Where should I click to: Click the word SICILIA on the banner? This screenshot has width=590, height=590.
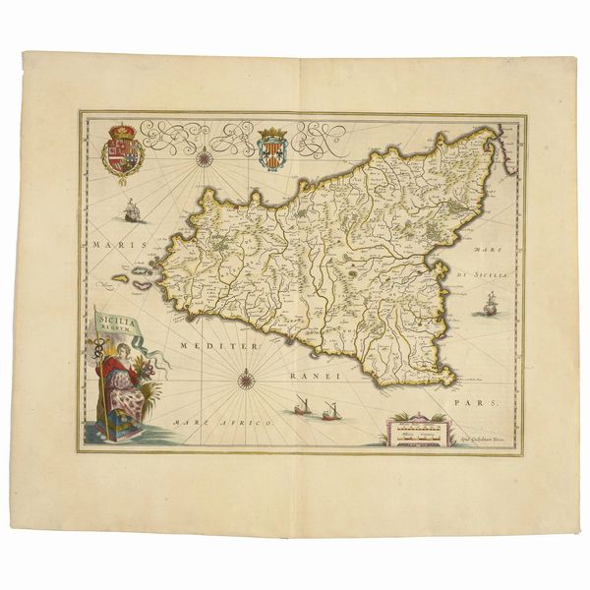tap(117, 319)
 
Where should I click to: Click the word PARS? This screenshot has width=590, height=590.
tap(483, 403)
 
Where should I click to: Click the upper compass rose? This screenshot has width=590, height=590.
tap(204, 155)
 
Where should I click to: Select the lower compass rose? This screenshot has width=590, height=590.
tap(244, 375)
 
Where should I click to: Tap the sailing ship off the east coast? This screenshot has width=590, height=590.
tap(486, 308)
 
